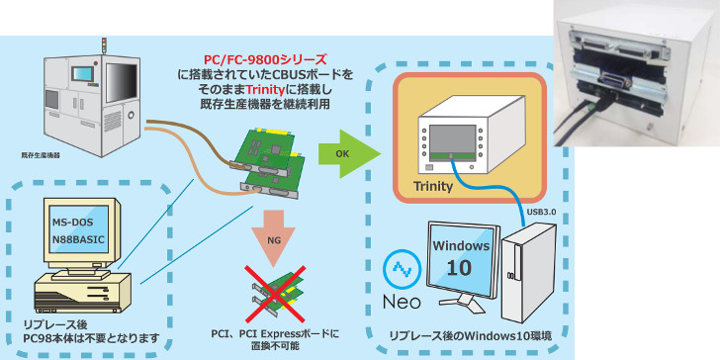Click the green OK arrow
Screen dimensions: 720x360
pyautogui.click(x=349, y=154)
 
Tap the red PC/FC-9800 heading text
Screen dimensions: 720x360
pyautogui.click(x=265, y=59)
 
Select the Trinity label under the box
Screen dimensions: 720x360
pyautogui.click(x=433, y=186)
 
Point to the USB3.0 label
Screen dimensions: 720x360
pyautogui.click(x=541, y=214)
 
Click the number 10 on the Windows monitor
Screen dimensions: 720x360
pyautogui.click(x=459, y=267)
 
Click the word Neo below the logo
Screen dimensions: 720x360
pyautogui.click(x=402, y=302)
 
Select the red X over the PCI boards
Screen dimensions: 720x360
pyautogui.click(x=275, y=294)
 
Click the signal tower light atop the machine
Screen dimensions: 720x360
pyautogui.click(x=104, y=45)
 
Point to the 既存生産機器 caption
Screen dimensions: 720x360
pyautogui.click(x=41, y=155)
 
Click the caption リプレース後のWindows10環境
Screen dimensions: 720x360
pyautogui.click(x=471, y=336)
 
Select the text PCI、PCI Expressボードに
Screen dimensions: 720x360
pyautogui.click(x=275, y=333)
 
